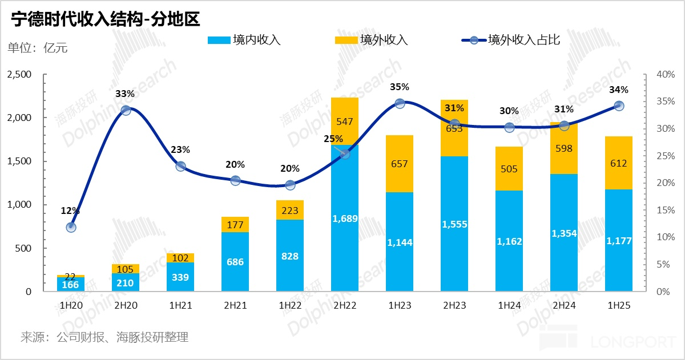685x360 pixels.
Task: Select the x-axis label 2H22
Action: tap(345, 306)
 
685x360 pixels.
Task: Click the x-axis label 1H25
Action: tap(619, 306)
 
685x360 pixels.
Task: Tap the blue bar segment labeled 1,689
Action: tap(345, 218)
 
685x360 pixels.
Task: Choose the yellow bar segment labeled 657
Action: tap(400, 164)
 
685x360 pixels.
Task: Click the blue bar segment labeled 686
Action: tap(235, 262)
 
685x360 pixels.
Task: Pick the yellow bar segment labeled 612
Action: tap(619, 163)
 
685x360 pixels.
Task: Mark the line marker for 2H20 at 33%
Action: tap(126, 110)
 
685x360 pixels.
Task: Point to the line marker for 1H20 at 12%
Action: tap(71, 227)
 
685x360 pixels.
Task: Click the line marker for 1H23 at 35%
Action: tap(400, 103)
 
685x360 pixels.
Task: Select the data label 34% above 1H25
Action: tap(619, 90)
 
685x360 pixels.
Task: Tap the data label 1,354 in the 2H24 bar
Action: tap(564, 233)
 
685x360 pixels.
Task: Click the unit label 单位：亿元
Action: tap(37, 48)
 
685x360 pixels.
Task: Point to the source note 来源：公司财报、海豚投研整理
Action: tap(104, 337)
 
